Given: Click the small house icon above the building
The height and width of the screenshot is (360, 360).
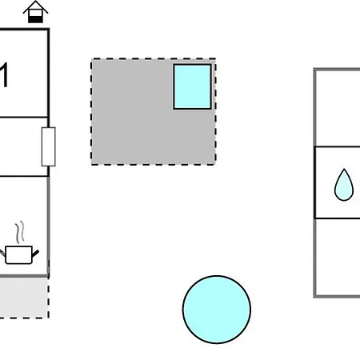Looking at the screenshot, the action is [x=35, y=12].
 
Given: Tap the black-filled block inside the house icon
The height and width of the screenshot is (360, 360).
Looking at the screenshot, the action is [x=35, y=19].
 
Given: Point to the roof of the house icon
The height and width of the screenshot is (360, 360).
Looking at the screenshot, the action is [x=35, y=7].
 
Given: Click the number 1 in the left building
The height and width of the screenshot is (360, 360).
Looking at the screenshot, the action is [x=4, y=75].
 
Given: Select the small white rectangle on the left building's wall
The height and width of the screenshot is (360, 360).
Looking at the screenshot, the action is [x=49, y=146].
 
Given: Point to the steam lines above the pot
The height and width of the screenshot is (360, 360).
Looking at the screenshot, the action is [x=20, y=232].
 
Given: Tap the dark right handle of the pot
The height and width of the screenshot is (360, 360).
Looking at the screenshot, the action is [x=35, y=253].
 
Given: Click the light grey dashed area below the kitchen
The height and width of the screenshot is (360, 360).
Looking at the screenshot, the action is [x=24, y=298].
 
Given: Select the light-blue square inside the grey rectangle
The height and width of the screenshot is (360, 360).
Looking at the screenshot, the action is [x=192, y=86].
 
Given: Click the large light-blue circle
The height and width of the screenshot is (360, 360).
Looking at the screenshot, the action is [x=217, y=310].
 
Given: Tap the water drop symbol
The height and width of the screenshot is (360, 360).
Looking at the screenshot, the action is [x=344, y=185].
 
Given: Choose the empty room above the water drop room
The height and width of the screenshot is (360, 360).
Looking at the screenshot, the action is [x=338, y=109].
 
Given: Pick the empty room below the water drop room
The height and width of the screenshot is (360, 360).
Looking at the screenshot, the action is [x=338, y=257].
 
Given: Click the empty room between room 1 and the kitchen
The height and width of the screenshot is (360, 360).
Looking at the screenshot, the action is [x=24, y=146].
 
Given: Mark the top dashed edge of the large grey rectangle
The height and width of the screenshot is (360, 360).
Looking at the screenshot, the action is [x=154, y=58].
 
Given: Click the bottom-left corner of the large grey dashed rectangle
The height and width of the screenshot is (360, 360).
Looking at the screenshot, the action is [x=91, y=165].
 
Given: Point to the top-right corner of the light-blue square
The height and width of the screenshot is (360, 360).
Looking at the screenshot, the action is [x=211, y=65].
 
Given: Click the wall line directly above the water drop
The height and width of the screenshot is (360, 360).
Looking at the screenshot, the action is [x=338, y=146].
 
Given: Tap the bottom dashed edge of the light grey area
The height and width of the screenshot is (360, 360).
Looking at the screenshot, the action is [x=24, y=318].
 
